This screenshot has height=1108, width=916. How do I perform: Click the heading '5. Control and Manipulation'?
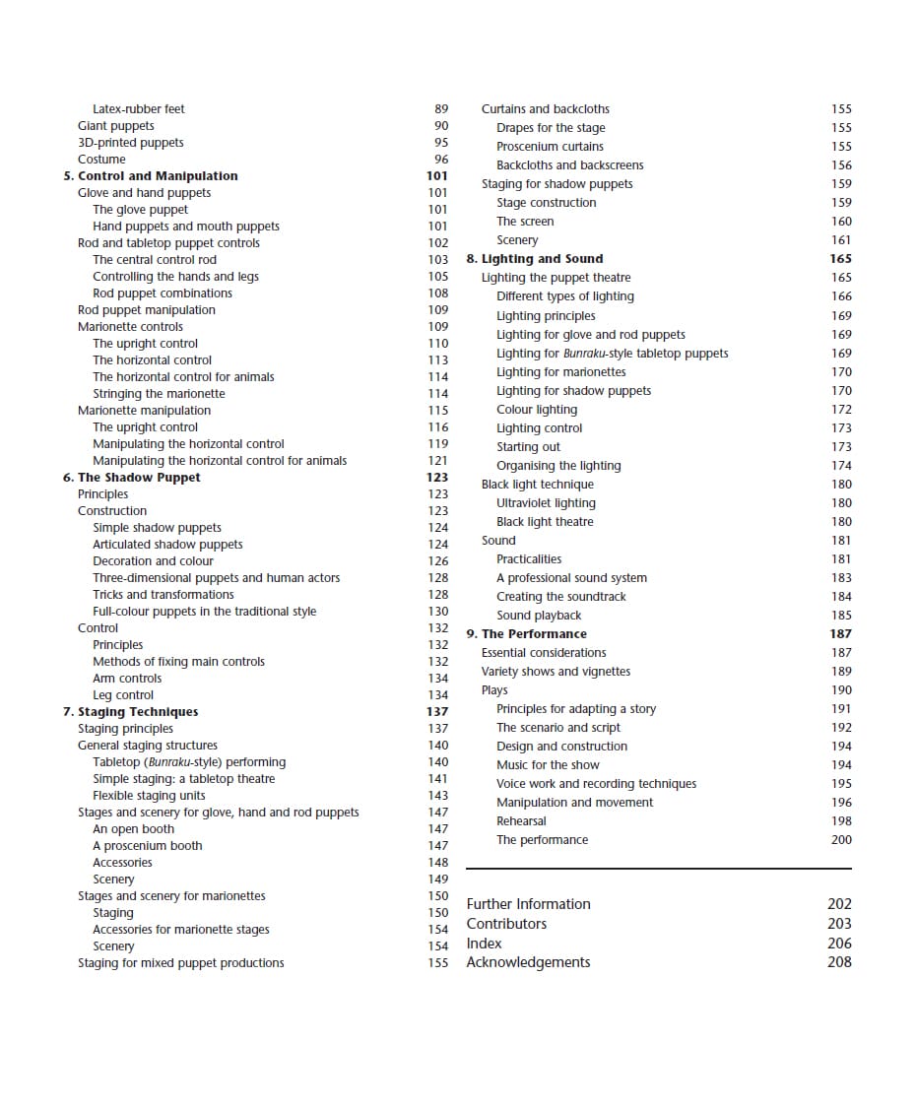point(150,176)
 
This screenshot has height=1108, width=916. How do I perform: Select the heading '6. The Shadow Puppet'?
point(131,478)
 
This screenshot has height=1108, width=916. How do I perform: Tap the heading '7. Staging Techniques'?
point(130,712)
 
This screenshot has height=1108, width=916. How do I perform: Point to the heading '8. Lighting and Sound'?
point(534,259)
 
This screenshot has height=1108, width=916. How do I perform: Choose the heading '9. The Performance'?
point(526,634)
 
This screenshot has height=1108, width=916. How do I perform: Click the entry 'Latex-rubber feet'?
point(138,109)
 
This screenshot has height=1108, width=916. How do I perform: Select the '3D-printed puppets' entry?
point(130,143)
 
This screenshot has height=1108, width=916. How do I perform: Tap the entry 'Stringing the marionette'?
point(159,394)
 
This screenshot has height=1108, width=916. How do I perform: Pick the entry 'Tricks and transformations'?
point(164,595)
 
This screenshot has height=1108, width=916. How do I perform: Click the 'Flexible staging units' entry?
point(149,796)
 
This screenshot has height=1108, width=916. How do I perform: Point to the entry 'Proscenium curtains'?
point(550,147)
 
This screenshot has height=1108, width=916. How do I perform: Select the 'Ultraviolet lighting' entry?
point(546,503)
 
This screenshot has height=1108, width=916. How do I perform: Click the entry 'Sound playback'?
point(539,616)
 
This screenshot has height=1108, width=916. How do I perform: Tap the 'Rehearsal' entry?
point(521,821)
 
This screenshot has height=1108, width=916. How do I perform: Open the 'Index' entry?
point(484,944)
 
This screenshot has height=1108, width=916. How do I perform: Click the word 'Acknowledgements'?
point(528,962)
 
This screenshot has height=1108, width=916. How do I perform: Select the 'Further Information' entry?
point(528,904)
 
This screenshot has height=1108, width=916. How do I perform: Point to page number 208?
point(839,962)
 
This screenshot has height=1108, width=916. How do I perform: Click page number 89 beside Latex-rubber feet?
point(441,109)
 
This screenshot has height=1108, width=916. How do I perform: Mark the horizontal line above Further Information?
point(658,869)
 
